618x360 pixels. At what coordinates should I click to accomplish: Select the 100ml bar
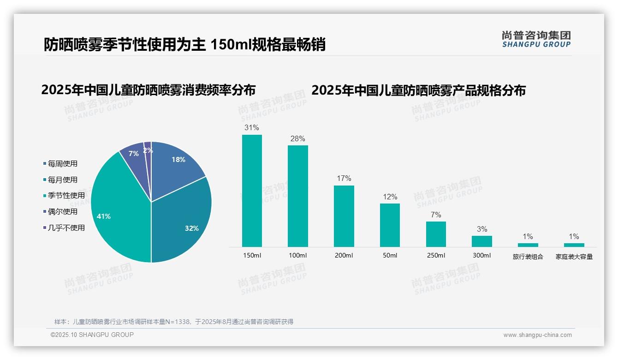click(x=298, y=196)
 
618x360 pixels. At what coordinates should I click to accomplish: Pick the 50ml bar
click(x=390, y=225)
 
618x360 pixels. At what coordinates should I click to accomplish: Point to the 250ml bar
click(x=436, y=234)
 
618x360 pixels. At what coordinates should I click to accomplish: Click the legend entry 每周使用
click(x=62, y=163)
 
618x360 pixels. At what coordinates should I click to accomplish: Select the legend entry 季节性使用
click(x=66, y=196)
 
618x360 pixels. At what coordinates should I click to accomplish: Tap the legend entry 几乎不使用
click(x=66, y=228)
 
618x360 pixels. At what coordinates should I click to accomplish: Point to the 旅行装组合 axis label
click(x=528, y=257)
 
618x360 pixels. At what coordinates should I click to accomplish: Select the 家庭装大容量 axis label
click(x=574, y=257)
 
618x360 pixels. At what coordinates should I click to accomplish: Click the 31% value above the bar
click(x=252, y=128)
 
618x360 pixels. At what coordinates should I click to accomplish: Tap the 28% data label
click(x=298, y=138)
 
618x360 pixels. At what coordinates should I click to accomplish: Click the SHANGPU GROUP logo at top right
click(x=536, y=39)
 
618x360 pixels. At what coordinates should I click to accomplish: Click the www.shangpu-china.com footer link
click(x=537, y=335)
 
